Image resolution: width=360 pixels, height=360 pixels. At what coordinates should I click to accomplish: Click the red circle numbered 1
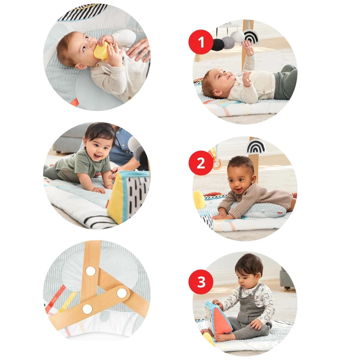(x=201, y=42)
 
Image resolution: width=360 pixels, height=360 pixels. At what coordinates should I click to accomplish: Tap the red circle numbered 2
(x=201, y=163)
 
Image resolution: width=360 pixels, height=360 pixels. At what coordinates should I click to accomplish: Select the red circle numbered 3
(x=201, y=282)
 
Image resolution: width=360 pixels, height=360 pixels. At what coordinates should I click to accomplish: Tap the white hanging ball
(x=237, y=37)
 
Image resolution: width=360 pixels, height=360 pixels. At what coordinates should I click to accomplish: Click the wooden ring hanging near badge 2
(x=217, y=165)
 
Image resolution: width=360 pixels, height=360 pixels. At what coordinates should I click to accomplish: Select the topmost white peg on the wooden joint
(x=91, y=271)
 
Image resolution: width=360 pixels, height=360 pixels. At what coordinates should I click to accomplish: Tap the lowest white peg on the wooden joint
(x=87, y=309)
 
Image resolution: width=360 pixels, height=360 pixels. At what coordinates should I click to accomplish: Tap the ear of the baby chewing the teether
(x=80, y=67)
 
